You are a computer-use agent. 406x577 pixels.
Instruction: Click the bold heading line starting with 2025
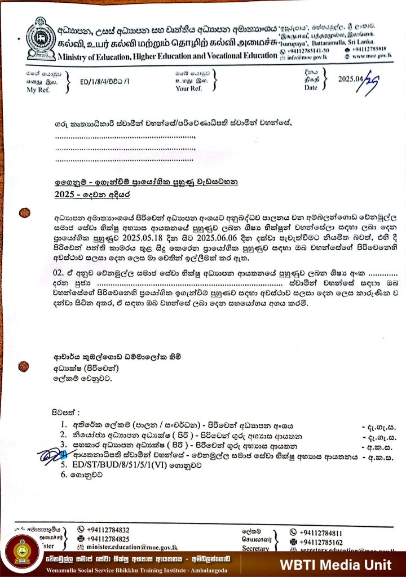[x=92, y=194]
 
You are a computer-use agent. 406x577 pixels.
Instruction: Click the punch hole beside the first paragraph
[x=24, y=212]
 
